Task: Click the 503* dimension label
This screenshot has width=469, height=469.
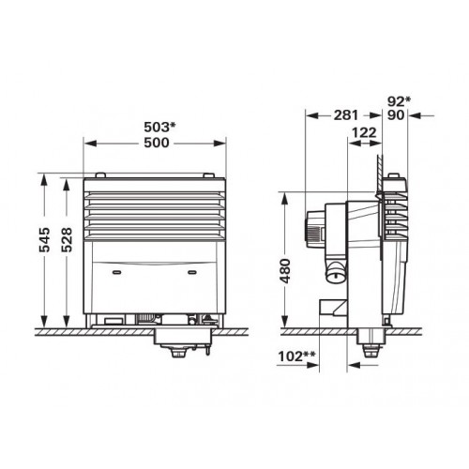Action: click(159, 127)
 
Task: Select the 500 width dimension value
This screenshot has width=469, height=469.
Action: click(157, 143)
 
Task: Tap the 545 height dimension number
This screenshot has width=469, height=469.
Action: click(45, 240)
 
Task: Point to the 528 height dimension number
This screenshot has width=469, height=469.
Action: click(67, 240)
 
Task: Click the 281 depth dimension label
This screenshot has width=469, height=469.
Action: click(345, 115)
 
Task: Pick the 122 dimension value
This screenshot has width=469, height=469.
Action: click(364, 133)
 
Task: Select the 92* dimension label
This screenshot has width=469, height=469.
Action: click(399, 101)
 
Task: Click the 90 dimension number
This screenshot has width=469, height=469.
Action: click(396, 115)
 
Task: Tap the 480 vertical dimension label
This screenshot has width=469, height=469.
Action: click(285, 271)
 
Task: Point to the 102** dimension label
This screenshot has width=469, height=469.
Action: click(296, 356)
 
